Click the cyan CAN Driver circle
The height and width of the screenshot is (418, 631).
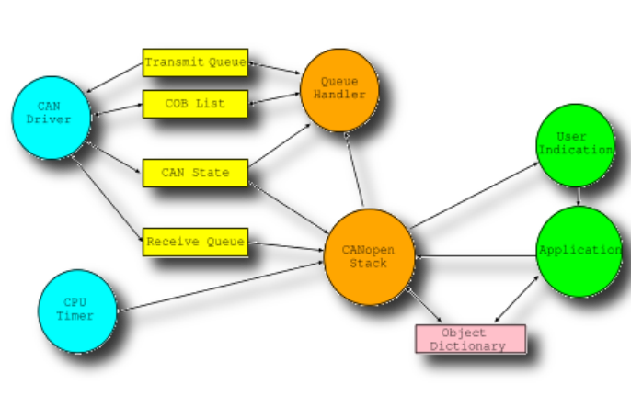52,118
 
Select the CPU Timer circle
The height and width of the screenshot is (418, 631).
77,311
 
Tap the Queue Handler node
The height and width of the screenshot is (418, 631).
339,90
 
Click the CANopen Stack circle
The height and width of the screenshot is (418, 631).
369,257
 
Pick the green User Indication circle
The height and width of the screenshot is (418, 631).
576,145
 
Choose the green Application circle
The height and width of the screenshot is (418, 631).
579,252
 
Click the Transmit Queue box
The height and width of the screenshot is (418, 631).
195,62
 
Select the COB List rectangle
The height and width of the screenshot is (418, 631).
195,104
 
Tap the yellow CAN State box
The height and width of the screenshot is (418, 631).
195,173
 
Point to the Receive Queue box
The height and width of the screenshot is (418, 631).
195,242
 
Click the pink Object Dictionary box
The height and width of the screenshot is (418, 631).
470,339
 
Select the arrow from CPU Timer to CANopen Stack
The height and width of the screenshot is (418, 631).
220,287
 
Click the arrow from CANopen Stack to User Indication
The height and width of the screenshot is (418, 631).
474,196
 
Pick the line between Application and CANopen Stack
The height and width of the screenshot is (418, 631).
476,256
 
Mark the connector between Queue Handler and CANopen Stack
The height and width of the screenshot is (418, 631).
354,170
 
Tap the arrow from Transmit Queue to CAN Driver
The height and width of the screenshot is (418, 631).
115,77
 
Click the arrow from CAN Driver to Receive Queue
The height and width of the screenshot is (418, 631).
108,199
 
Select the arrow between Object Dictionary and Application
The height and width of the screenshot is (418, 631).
516,299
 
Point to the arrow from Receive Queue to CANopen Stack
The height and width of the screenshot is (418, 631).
286,246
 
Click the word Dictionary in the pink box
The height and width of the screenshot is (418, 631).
467,346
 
